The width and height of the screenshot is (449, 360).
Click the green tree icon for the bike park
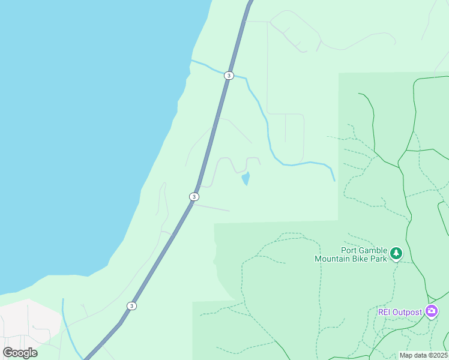[x=396, y=253]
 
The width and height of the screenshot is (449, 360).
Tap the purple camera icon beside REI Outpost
[x=432, y=311]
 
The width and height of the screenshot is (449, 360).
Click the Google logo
[x=20, y=352]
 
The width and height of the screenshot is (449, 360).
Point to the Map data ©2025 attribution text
[x=423, y=355]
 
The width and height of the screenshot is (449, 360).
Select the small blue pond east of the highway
[x=246, y=178]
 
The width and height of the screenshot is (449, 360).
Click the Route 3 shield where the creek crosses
[x=229, y=76]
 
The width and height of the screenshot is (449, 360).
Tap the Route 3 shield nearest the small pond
[x=194, y=197]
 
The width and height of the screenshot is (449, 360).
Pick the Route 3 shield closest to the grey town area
[x=131, y=306]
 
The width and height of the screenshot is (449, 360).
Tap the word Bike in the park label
[x=363, y=259]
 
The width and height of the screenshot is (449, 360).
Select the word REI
[x=385, y=312]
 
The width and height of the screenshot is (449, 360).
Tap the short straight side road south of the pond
[x=211, y=208]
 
